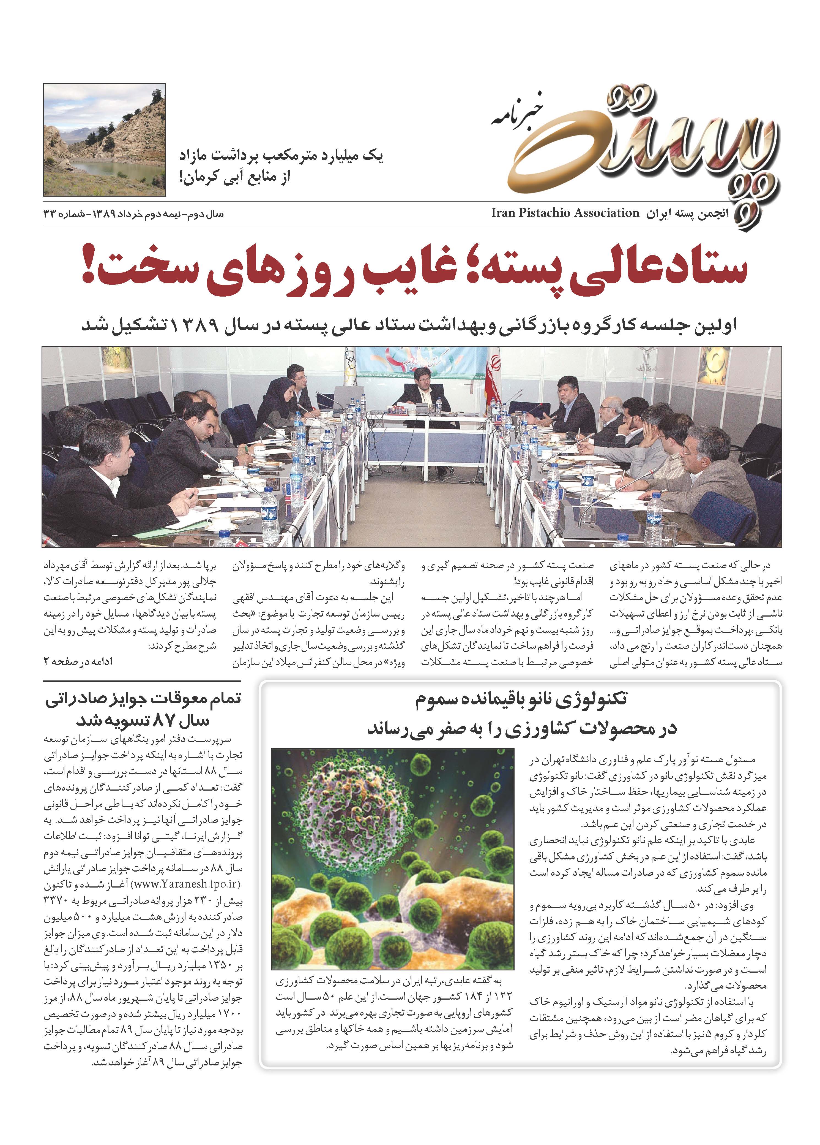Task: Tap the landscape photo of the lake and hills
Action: [x=105, y=140]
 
